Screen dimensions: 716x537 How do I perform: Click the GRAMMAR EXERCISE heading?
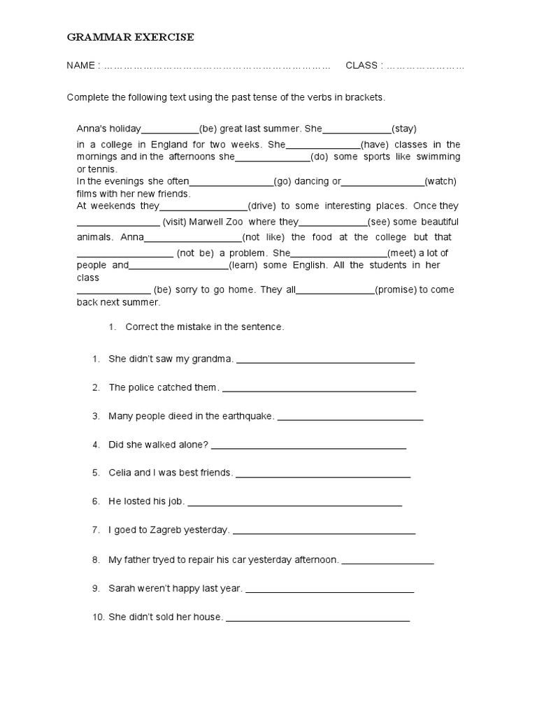(130, 37)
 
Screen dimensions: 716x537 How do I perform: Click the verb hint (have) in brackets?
(374, 145)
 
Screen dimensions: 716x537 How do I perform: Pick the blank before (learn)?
(179, 266)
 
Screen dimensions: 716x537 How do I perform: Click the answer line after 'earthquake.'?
(350, 418)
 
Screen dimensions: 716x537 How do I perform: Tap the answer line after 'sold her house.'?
(318, 619)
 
